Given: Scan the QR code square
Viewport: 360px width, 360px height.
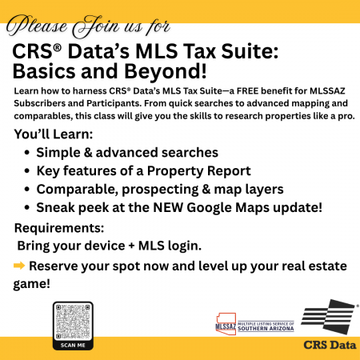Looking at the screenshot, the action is (73, 322).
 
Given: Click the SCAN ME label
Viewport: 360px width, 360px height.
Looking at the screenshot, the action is (73, 345).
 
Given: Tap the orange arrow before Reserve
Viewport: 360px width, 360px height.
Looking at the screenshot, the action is (19, 266).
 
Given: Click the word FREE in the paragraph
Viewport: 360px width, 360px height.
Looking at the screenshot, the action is (247, 91).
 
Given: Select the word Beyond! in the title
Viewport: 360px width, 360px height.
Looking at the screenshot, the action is (166, 71).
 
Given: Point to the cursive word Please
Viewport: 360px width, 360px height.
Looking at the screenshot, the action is (37, 26).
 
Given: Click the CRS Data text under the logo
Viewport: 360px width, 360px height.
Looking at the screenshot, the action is (330, 345).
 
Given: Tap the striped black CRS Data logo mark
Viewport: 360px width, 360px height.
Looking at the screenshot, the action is (329, 317).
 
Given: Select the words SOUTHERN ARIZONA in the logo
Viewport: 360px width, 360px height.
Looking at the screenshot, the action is (266, 329).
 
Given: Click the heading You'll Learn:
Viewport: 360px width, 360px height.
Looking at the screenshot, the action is (54, 134).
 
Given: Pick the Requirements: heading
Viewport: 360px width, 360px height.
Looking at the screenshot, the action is (59, 228).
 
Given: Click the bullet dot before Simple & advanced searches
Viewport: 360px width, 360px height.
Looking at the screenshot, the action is (26, 153).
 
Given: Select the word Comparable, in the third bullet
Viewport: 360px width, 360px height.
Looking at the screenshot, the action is (78, 190).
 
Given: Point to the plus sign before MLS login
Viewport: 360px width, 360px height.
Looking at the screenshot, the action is (131, 246).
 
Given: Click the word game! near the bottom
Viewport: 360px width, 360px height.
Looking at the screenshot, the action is (32, 284).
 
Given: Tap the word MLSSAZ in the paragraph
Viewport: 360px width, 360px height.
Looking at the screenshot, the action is (327, 91).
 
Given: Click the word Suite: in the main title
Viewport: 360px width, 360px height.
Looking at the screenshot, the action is (250, 51).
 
